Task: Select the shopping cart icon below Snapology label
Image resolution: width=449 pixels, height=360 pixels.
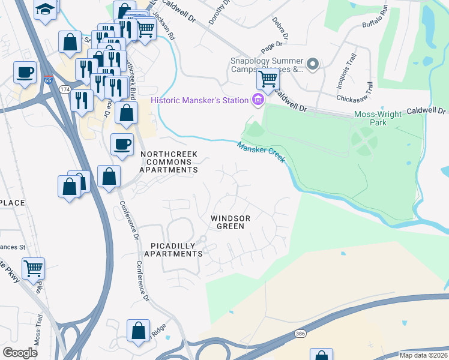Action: (x=268, y=79)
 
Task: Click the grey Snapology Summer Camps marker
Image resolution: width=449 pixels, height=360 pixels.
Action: (x=312, y=64)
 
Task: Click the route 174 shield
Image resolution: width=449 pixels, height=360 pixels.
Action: (x=65, y=89)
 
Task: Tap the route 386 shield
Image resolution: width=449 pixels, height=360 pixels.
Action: (x=300, y=332)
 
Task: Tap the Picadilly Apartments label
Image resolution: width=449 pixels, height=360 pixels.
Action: (x=176, y=250)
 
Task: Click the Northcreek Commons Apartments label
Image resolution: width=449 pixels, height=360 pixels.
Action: (x=169, y=162)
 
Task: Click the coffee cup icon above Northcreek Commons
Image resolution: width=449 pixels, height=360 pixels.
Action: (x=122, y=145)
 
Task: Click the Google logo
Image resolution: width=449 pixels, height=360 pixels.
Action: (x=20, y=353)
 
